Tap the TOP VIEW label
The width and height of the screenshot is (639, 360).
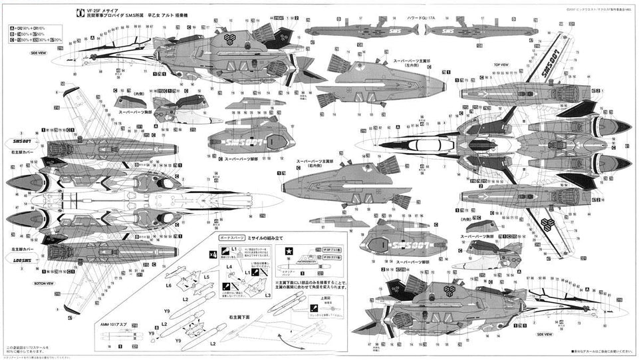(x=501, y=66)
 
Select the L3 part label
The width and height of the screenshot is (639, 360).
(x=267, y=294)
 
